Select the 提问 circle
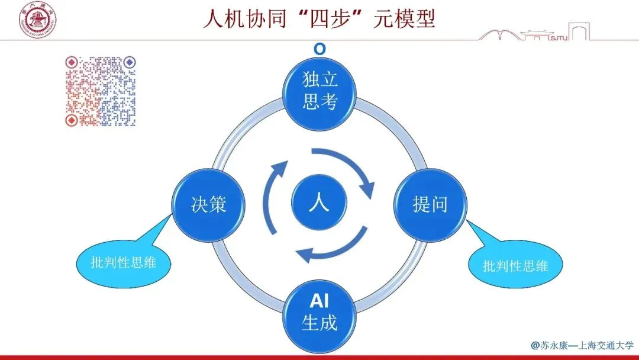click(430, 205)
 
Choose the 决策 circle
click(209, 205)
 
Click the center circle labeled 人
click(319, 205)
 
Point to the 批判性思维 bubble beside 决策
click(124, 261)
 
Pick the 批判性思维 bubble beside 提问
click(515, 266)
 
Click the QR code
click(100, 91)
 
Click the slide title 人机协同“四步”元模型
click(319, 19)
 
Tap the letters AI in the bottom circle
click(319, 301)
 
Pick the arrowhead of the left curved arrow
click(276, 170)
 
